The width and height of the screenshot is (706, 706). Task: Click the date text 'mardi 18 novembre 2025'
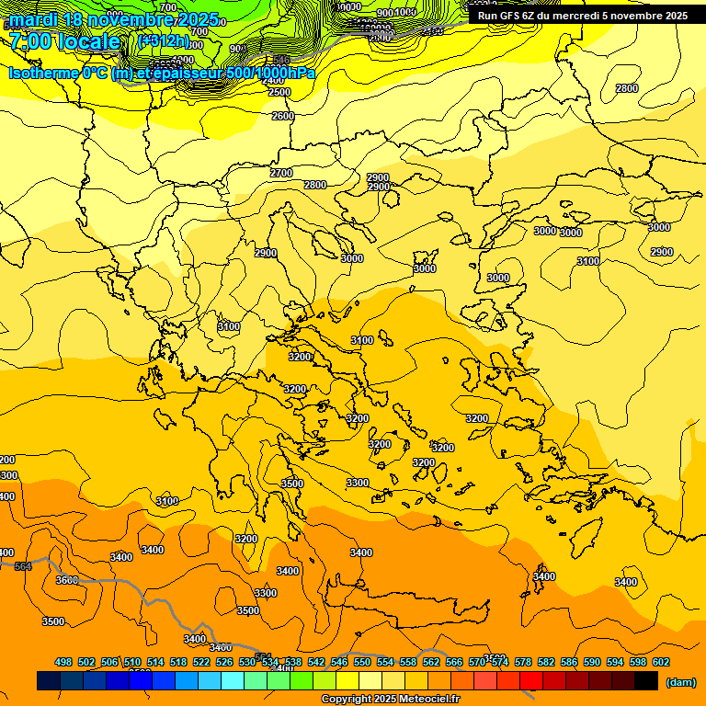114,19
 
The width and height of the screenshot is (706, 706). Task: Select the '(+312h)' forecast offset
164,41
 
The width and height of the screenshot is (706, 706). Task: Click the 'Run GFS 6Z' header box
582,16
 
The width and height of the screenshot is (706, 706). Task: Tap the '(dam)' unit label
679,681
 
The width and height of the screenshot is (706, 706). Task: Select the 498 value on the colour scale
63,662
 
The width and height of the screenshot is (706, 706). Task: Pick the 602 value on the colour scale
661,662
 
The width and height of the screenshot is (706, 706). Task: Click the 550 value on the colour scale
362,662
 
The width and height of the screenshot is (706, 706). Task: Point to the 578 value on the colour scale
523,662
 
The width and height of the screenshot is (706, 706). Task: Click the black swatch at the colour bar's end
646,681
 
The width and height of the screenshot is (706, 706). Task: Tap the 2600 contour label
283,116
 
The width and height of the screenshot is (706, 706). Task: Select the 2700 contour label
281,173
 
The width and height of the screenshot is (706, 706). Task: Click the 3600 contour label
67,580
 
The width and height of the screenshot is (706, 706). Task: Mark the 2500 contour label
279,93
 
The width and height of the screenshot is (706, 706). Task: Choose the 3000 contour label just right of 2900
352,258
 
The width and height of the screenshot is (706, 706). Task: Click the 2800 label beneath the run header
627,88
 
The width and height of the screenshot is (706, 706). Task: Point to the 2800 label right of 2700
315,185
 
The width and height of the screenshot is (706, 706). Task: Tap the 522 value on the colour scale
201,662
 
